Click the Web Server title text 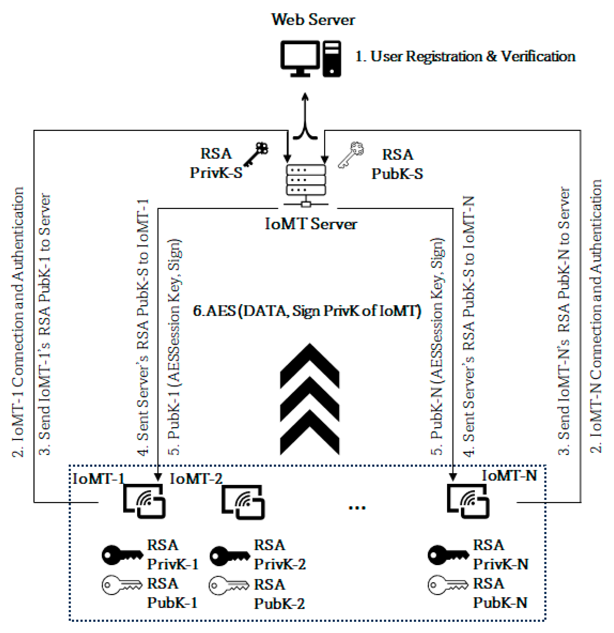click(x=313, y=20)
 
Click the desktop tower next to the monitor click(x=332, y=58)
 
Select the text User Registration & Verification click(x=465, y=57)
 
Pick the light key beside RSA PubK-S click(x=351, y=154)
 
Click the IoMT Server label click(x=311, y=224)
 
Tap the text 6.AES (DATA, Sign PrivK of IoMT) click(x=307, y=311)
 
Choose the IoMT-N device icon click(x=468, y=502)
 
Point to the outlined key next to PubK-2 click(x=228, y=585)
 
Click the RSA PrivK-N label click(x=500, y=555)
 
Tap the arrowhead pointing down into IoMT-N click(x=453, y=477)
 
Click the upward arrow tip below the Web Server click(x=305, y=96)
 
